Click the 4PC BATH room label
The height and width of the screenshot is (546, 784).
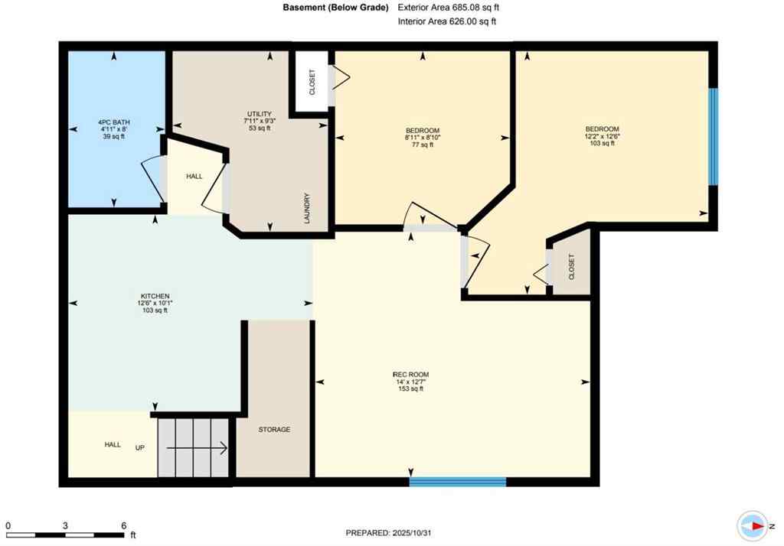point(113,122)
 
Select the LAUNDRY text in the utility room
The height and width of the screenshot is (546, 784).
point(307,208)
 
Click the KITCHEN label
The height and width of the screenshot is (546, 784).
point(154,296)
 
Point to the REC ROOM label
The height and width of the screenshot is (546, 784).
point(407,374)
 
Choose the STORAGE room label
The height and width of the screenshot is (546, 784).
point(274,430)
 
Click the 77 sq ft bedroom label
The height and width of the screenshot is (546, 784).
point(422,145)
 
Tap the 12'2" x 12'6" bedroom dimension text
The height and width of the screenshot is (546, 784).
point(602,137)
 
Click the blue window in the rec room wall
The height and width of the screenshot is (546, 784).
point(457,482)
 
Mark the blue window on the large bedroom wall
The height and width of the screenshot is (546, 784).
point(713,137)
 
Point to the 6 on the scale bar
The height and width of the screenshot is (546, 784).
point(122,525)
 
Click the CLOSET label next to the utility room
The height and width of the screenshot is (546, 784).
point(312,81)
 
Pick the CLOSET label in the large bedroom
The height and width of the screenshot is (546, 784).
point(571,267)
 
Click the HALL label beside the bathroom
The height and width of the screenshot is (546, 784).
point(194,176)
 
